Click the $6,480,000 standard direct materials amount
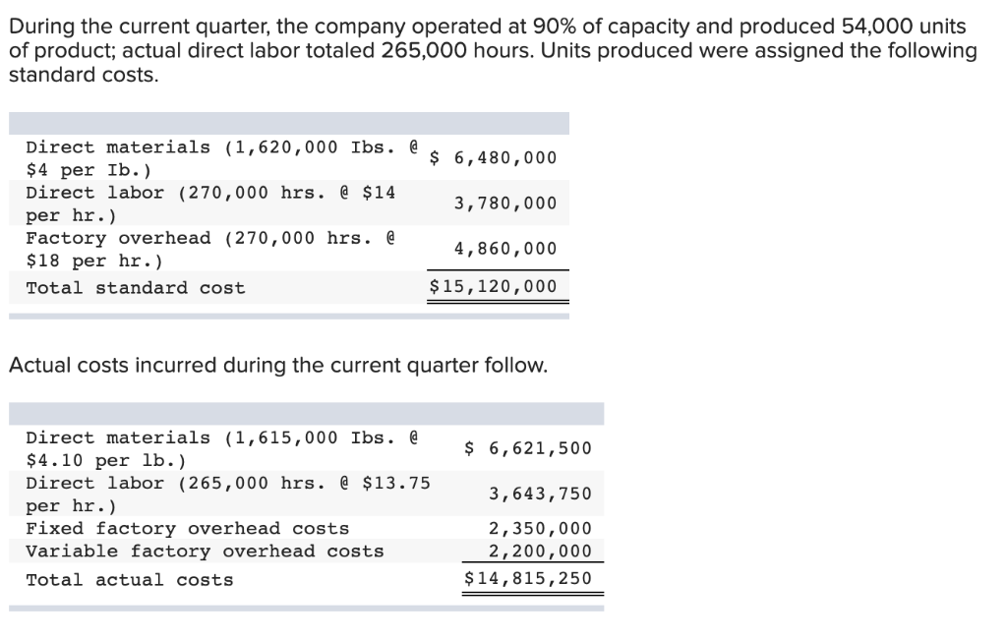pos(494,158)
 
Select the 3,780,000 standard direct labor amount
pos(505,204)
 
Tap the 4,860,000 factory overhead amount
pos(505,249)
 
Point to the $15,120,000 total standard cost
pos(494,287)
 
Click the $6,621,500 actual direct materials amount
pos(529,449)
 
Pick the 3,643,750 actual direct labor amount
pos(541,495)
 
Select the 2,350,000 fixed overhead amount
pos(541,529)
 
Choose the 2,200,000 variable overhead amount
pos(541,552)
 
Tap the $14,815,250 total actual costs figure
pos(529,579)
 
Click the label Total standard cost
pos(136,288)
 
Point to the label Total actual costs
pos(130,580)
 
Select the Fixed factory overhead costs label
pos(188,529)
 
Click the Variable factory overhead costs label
pos(205,552)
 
